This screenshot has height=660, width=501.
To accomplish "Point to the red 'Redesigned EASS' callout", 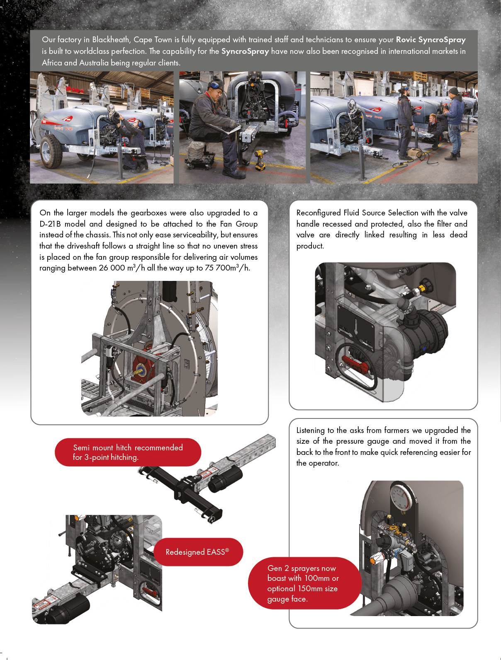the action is [198, 552].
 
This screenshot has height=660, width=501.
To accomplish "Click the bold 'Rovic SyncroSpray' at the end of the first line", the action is [430, 40].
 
